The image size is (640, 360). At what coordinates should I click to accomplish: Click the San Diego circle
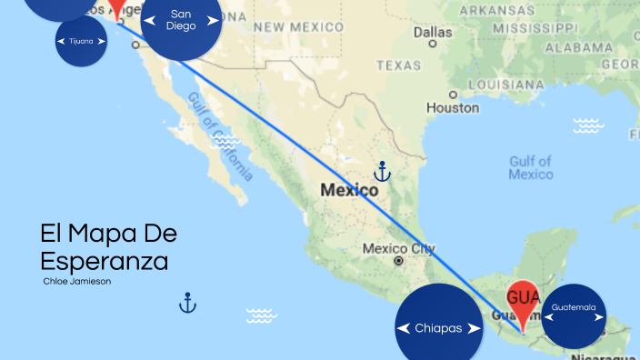point(182,21)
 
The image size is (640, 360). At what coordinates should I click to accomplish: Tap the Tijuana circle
point(82,41)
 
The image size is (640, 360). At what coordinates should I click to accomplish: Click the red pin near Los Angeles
point(116,9)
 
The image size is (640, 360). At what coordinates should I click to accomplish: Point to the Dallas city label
point(433,34)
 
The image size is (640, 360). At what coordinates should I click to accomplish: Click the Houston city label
point(453,107)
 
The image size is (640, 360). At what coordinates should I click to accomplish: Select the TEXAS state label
point(400,65)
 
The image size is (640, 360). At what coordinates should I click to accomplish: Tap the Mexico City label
point(398,248)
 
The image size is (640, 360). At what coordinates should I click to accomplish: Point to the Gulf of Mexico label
point(531,167)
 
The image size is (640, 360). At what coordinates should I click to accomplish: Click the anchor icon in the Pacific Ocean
point(187,302)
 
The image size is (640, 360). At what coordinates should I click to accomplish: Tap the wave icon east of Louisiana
point(588,125)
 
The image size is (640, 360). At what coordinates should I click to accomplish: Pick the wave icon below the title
point(261,315)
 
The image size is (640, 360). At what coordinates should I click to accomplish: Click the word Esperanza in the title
point(105,261)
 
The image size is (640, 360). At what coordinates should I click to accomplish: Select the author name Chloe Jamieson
point(77,281)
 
